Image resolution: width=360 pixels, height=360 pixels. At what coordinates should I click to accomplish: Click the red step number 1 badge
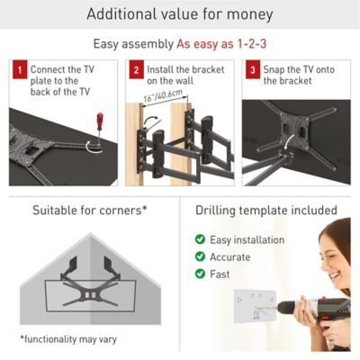tap(18, 68)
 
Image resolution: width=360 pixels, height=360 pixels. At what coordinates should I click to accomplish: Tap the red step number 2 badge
tap(134, 68)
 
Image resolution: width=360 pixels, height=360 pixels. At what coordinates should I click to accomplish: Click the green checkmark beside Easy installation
tap(200, 240)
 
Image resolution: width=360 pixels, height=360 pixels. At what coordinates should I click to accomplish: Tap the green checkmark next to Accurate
tap(200, 257)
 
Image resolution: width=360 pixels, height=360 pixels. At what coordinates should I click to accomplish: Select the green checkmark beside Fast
tap(200, 274)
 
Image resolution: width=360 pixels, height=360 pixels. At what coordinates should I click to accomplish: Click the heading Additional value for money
tap(180, 13)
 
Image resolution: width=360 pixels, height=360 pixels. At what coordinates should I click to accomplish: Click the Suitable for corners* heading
tap(89, 210)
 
